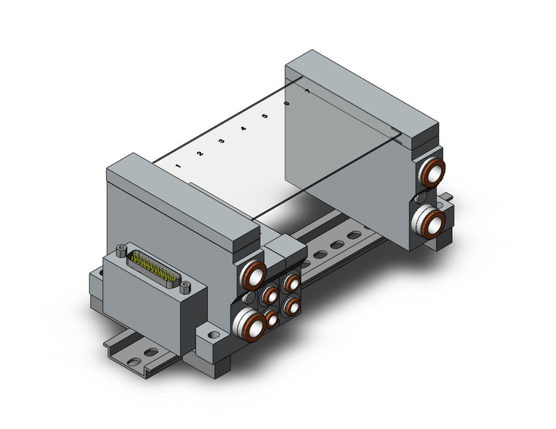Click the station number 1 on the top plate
pos(179,166)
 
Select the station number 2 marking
pos(199,153)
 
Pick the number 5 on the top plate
pos(264,115)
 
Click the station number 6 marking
pos(286,103)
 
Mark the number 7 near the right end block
pos(307,91)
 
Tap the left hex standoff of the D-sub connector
pos(120,251)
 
